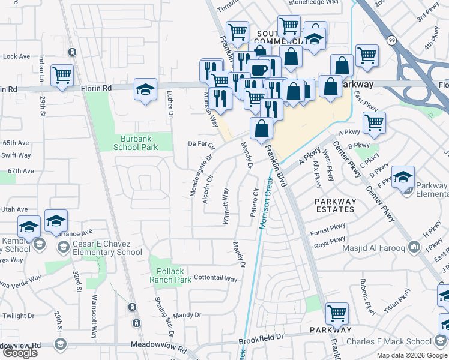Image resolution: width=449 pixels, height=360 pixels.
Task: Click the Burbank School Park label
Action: click(136, 142)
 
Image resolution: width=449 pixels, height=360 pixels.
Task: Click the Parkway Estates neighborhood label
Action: click(335, 205)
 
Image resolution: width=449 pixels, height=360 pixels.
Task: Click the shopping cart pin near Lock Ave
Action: click(62, 76)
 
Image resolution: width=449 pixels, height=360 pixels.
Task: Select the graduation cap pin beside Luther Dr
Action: click(145, 89)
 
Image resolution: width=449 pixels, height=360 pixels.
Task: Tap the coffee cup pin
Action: click(259, 70)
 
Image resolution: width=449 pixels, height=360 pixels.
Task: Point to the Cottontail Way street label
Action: click(215, 279)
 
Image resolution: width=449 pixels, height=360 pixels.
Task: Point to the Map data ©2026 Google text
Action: click(412, 355)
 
